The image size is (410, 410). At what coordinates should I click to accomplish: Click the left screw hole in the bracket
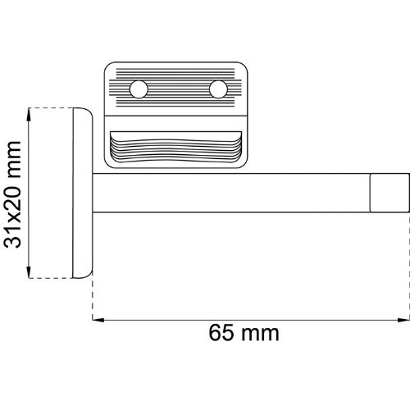pyautogui.click(x=139, y=89)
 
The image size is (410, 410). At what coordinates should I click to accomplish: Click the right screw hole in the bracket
pyautogui.click(x=218, y=89)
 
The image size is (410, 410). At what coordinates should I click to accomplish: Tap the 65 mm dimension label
pyautogui.click(x=244, y=333)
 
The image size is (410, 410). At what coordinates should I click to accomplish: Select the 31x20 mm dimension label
pyautogui.click(x=12, y=194)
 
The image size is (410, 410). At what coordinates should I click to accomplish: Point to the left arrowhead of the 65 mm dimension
pyautogui.click(x=98, y=320)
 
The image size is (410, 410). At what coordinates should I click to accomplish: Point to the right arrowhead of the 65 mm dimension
pyautogui.click(x=403, y=320)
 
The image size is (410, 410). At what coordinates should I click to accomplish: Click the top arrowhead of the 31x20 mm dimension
pyautogui.click(x=29, y=114)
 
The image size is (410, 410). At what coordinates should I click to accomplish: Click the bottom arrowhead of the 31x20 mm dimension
pyautogui.click(x=29, y=272)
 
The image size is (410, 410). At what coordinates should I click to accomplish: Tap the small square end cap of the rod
pyautogui.click(x=389, y=193)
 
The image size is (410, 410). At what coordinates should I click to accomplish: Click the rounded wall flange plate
pyautogui.click(x=83, y=193)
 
